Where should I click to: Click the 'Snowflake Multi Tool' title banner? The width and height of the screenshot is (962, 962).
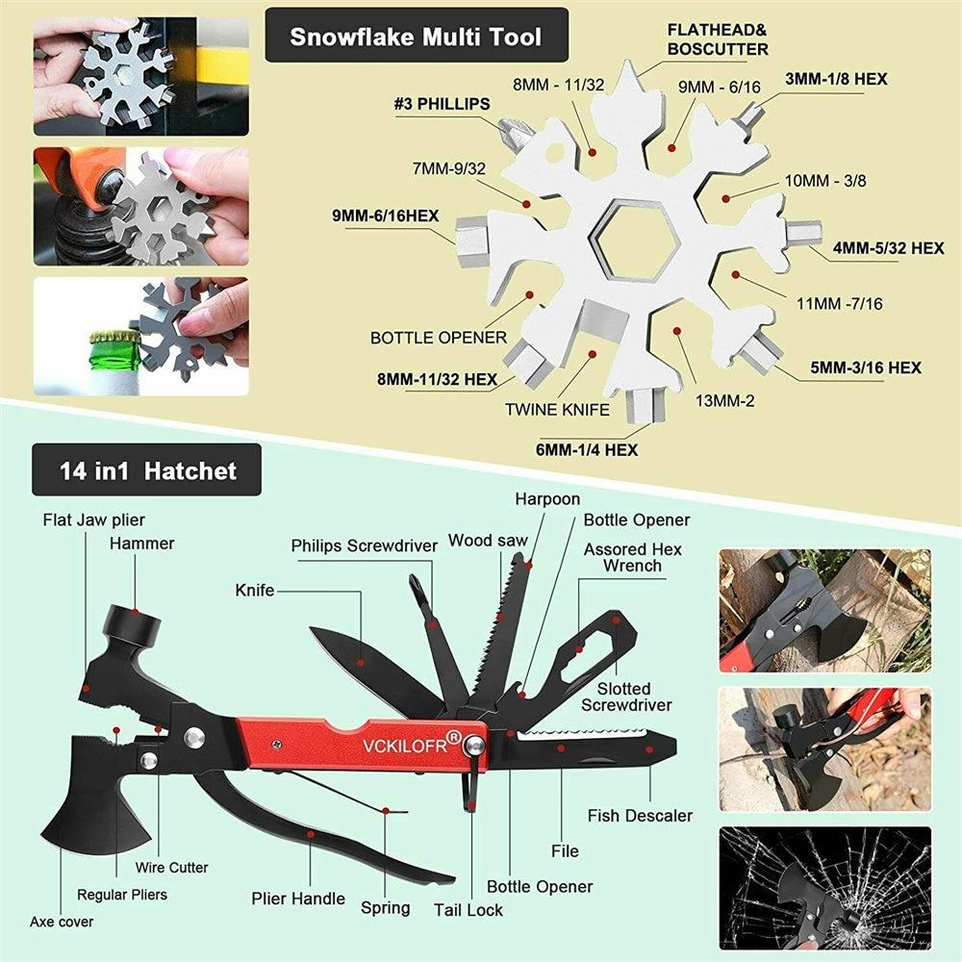click(416, 38)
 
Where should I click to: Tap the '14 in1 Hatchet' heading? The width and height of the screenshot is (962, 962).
click(147, 470)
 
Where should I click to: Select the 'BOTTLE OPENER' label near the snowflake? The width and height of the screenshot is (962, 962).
click(438, 338)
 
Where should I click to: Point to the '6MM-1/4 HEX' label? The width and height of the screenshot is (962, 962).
click(588, 448)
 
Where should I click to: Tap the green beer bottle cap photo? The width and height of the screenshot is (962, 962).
click(140, 337)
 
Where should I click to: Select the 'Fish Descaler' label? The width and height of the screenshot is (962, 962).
click(640, 816)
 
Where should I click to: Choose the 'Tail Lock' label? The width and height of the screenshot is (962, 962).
click(468, 909)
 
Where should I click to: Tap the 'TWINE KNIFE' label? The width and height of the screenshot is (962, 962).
click(557, 409)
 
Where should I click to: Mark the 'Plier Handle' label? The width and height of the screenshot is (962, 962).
click(298, 899)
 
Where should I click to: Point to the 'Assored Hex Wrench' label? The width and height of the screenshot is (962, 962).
click(632, 557)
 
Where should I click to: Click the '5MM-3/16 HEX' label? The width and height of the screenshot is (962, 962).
click(852, 367)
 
